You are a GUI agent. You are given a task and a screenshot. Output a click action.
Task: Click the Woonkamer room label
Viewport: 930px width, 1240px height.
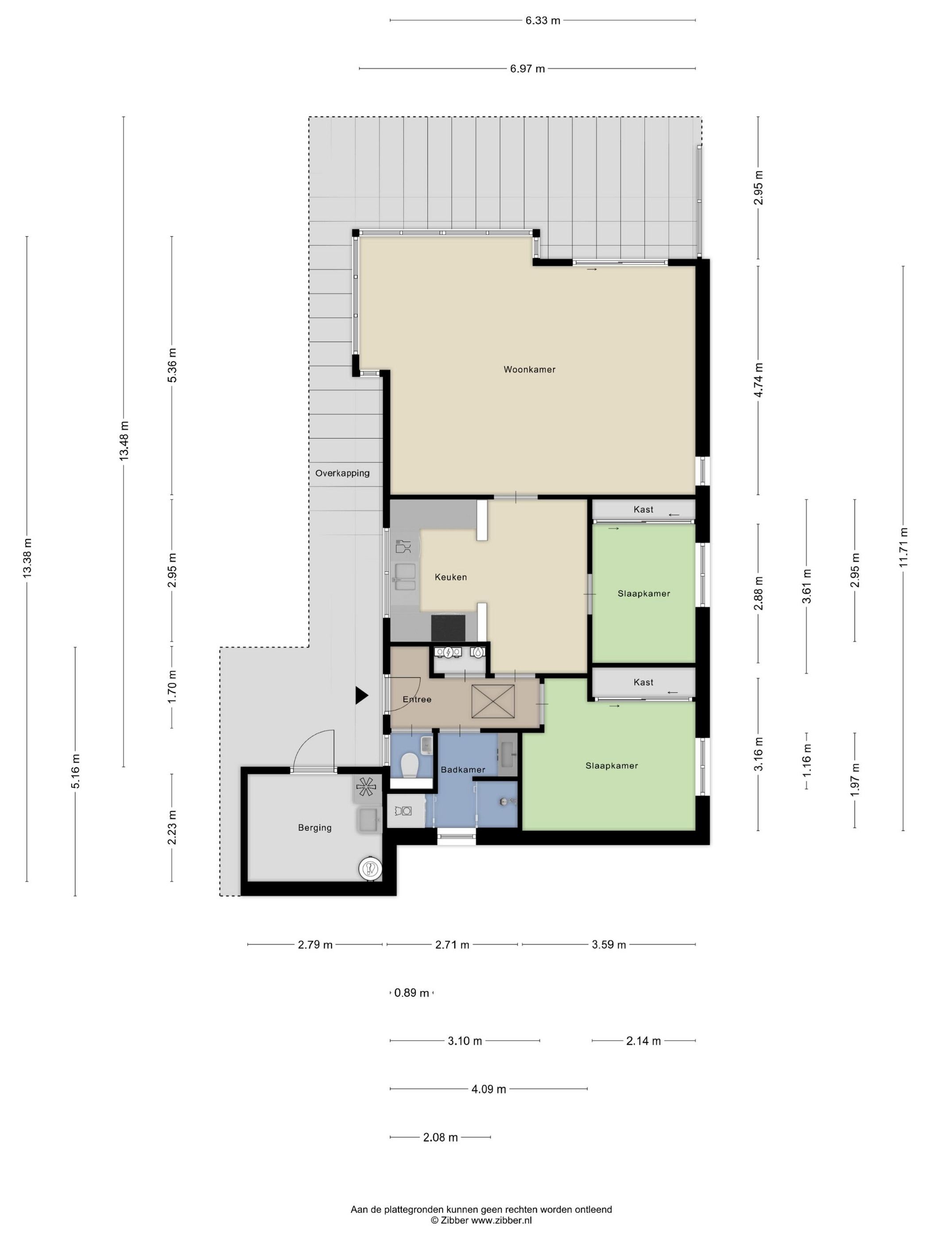(x=529, y=369)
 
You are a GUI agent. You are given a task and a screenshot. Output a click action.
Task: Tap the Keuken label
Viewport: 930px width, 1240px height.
(x=451, y=577)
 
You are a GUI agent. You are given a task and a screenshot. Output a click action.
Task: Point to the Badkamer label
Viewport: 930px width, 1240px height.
(x=463, y=770)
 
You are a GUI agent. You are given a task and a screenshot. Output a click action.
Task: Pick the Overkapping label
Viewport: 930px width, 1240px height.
(x=342, y=473)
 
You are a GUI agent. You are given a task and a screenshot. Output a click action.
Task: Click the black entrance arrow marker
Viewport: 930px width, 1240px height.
(x=361, y=696)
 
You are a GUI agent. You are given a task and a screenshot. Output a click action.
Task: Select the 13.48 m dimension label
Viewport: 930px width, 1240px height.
(x=124, y=441)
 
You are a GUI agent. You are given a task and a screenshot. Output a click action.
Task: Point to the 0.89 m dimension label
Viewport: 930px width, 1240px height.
(x=411, y=993)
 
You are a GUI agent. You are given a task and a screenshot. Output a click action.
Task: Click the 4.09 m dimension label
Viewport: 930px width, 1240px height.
(x=488, y=1089)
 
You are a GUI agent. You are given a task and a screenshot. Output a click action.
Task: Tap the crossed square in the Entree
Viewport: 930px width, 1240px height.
(x=493, y=701)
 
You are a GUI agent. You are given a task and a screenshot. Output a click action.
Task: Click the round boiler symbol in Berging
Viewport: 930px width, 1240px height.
(x=369, y=868)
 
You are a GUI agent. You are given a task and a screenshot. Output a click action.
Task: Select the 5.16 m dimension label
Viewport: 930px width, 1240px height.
(x=76, y=771)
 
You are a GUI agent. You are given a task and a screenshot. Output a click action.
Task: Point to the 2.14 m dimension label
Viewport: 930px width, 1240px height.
(x=643, y=1041)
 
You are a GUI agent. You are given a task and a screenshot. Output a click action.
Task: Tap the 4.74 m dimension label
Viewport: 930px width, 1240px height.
(x=759, y=380)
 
